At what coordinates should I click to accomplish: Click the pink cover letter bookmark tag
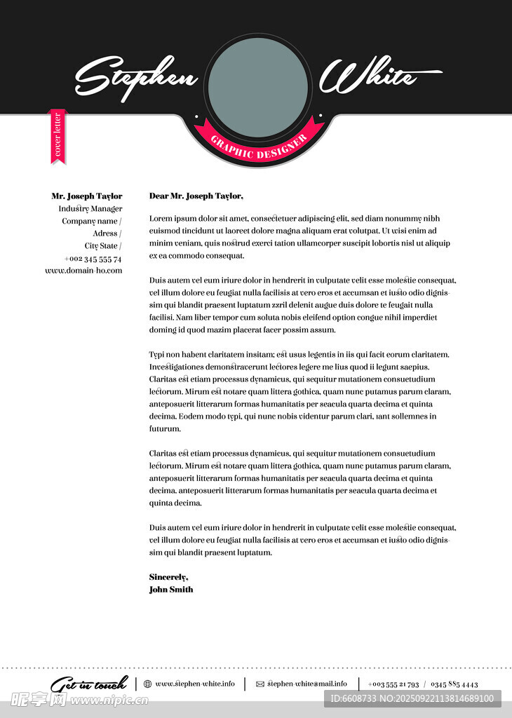tap(58, 135)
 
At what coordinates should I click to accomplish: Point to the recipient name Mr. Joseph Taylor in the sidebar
tap(86, 196)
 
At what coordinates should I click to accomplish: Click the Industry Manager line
tap(90, 209)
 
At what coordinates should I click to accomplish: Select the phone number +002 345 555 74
tap(93, 259)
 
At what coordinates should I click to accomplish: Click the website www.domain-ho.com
tap(83, 271)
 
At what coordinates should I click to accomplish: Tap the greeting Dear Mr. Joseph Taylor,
tap(196, 196)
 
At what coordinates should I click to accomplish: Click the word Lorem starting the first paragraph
tap(161, 219)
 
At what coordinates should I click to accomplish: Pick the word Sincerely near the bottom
tap(168, 577)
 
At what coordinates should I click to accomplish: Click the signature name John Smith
tap(170, 590)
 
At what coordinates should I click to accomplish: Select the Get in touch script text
tap(89, 684)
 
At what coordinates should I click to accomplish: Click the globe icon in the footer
tap(147, 684)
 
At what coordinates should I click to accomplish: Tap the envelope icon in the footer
tap(260, 684)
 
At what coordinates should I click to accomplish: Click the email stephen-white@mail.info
tap(306, 684)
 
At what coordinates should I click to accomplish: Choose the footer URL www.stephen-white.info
tap(195, 684)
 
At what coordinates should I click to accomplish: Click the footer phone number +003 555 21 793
tap(393, 684)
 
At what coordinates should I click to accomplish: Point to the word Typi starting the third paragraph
tap(156, 355)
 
